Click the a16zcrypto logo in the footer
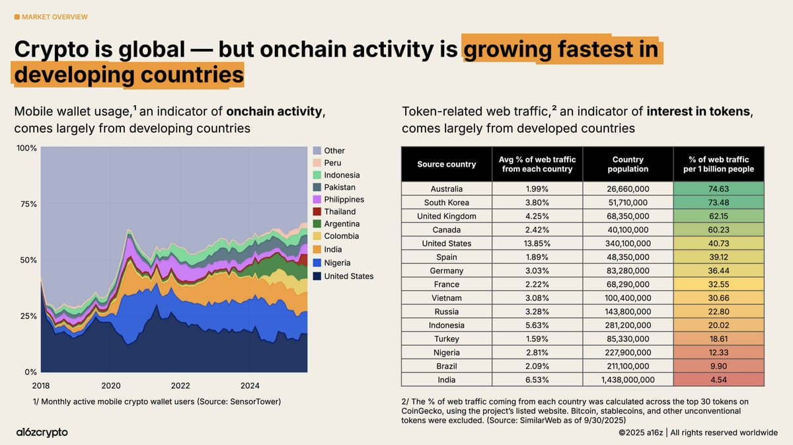[41, 432]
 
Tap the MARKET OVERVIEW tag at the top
[51, 17]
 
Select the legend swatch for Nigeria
[317, 264]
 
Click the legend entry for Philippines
[344, 200]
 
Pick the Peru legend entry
[332, 163]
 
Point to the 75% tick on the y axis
[28, 204]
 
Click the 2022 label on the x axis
[180, 385]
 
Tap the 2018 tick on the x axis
[41, 385]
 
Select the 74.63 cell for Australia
[718, 189]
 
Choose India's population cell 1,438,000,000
[628, 380]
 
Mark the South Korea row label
[446, 202]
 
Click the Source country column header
[446, 164]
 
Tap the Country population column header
[628, 164]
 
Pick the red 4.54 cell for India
[718, 380]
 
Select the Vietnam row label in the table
[446, 298]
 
